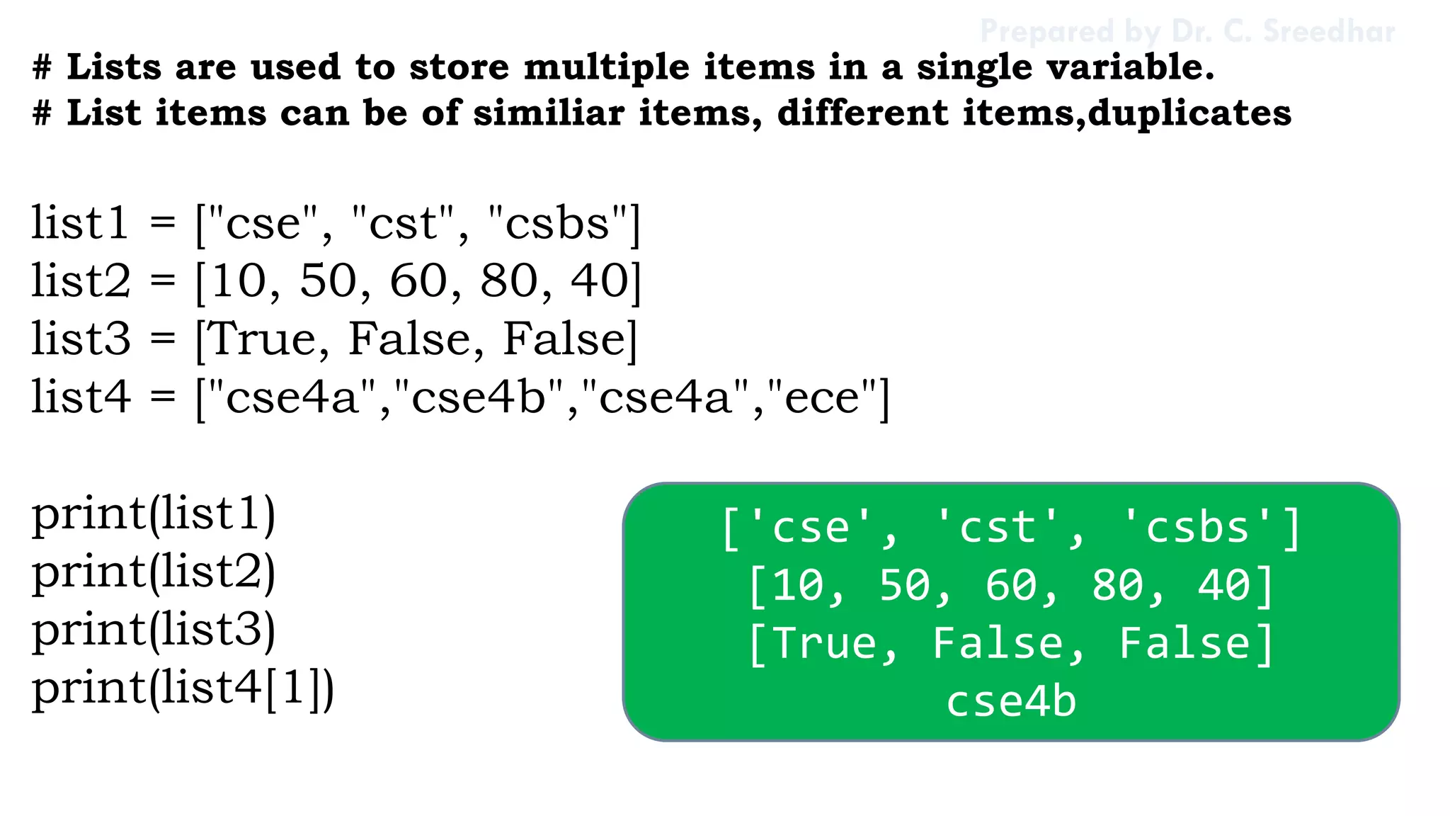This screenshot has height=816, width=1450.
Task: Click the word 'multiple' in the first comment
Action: [x=606, y=68]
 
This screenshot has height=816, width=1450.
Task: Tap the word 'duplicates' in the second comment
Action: [x=1189, y=113]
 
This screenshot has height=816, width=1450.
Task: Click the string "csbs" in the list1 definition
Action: [x=557, y=224]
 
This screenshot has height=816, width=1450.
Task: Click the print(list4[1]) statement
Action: [x=183, y=688]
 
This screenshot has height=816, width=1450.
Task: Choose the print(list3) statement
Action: [x=154, y=630]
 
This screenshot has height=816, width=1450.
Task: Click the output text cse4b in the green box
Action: [x=1011, y=701]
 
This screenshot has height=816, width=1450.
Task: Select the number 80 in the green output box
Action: [x=1117, y=586]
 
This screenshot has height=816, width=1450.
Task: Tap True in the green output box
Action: [x=824, y=644]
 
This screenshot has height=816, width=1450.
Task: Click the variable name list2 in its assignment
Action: [x=81, y=281]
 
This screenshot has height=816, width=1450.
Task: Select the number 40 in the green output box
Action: [x=1223, y=586]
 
